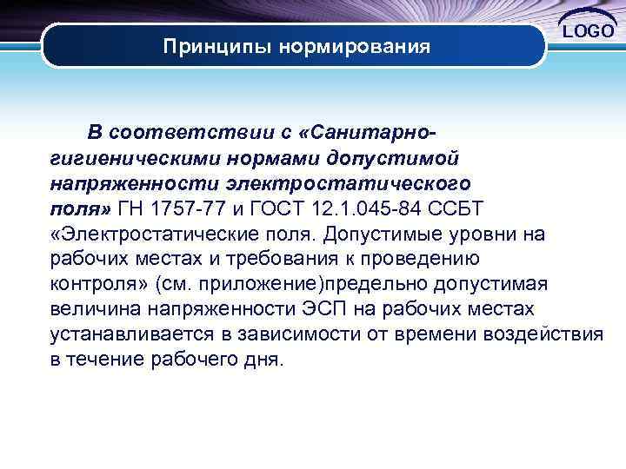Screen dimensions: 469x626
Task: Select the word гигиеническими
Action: (131, 158)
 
